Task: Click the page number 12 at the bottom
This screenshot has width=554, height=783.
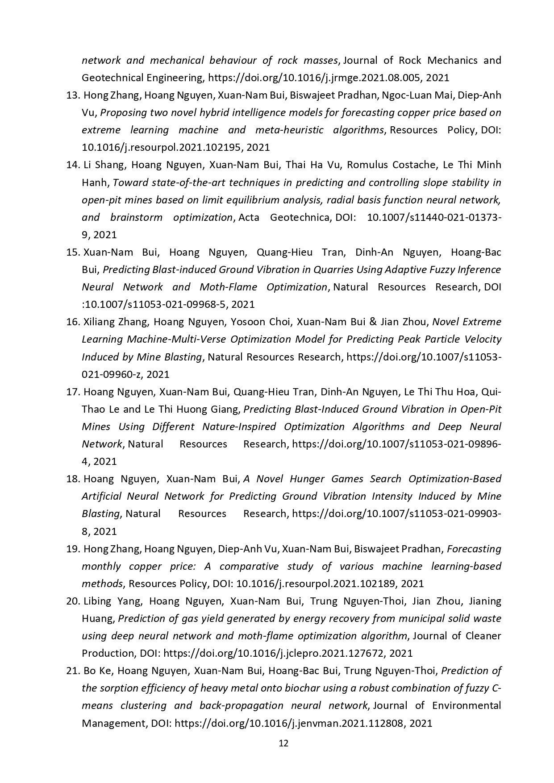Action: (x=283, y=743)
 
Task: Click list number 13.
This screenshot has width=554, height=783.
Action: (x=72, y=95)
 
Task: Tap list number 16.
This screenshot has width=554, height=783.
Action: (x=72, y=322)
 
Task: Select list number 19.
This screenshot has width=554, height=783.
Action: (x=72, y=549)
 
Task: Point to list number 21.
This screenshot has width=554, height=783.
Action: (x=72, y=671)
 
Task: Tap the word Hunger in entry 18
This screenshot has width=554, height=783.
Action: (x=308, y=479)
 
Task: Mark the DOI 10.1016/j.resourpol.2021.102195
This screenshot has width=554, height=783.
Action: (x=162, y=148)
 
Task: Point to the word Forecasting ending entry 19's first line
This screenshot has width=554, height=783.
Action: (x=474, y=549)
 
